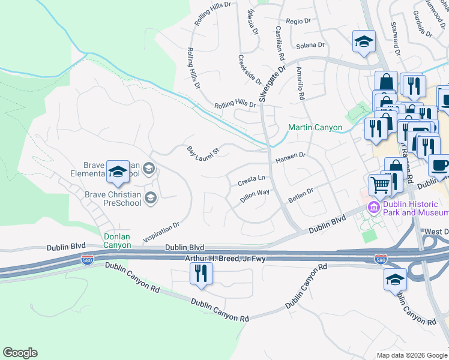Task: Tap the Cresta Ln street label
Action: tap(252, 179)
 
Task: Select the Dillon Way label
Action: tap(255, 197)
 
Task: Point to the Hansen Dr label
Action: tap(291, 158)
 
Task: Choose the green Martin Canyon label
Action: tap(315, 127)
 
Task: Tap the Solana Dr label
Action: tap(310, 45)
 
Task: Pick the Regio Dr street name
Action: tap(298, 20)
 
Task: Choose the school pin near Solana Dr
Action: tap(363, 41)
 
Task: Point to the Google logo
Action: tap(20, 353)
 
